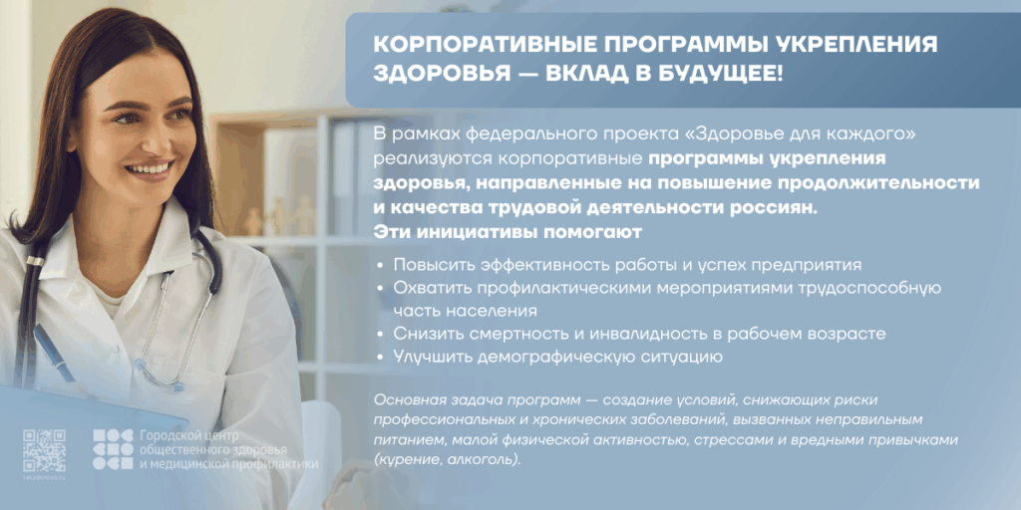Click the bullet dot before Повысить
tap(380, 265)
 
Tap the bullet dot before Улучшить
tap(380, 357)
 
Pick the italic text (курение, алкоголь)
tap(448, 459)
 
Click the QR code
tap(44, 450)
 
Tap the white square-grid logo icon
tap(113, 449)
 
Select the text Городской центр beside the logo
tap(180, 435)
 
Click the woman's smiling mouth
tap(150, 169)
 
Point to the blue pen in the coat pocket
tap(55, 354)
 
